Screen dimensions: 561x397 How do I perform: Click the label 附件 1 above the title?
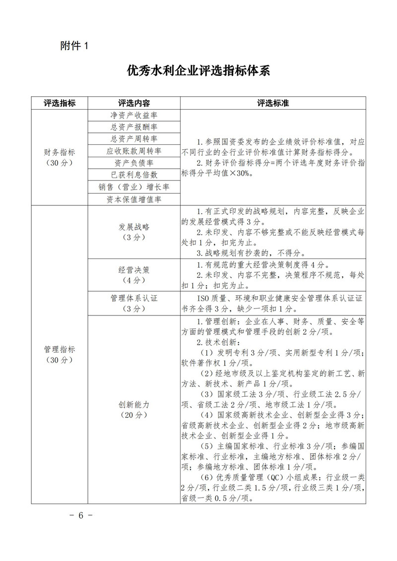(x=73, y=46)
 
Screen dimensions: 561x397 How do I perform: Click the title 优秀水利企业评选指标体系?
(x=198, y=71)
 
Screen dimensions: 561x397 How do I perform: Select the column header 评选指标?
(x=60, y=103)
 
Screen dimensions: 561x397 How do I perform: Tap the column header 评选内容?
(x=134, y=103)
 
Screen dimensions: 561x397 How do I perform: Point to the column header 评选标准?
(x=273, y=103)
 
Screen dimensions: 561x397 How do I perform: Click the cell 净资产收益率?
(x=134, y=115)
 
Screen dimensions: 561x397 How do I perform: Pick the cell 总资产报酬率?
(x=134, y=127)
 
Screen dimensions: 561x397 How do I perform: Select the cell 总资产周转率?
(x=134, y=139)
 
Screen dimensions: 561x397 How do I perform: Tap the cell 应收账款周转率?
(x=134, y=151)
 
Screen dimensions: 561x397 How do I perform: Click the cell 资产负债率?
(x=134, y=163)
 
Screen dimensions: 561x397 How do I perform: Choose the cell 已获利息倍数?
(x=134, y=175)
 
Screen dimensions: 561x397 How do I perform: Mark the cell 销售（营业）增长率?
(x=134, y=187)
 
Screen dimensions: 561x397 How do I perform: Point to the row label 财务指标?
(x=60, y=152)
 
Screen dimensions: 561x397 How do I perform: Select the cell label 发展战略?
(x=134, y=227)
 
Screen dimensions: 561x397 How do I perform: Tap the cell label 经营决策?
(x=134, y=270)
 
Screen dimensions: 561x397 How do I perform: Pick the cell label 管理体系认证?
(x=134, y=299)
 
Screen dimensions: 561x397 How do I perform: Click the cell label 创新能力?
(x=134, y=405)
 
